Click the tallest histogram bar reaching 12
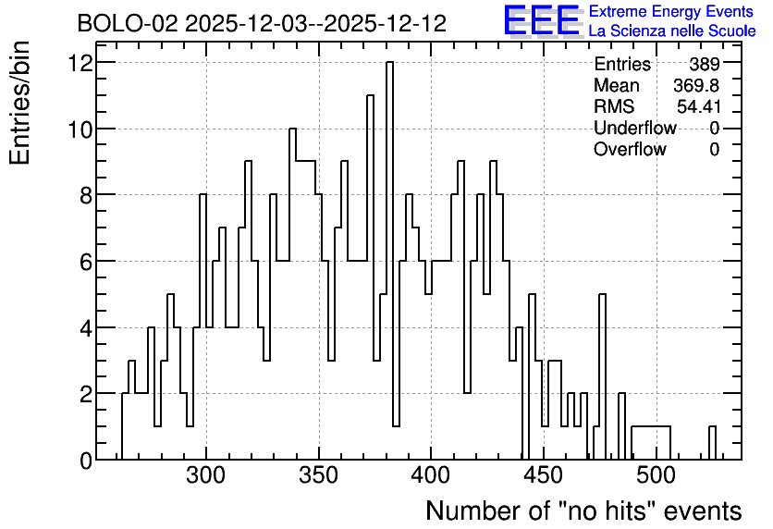pyautogui.click(x=389, y=260)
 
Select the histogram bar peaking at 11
pyautogui.click(x=370, y=277)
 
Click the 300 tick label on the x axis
pyautogui.click(x=206, y=475)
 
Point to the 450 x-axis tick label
pyautogui.click(x=544, y=475)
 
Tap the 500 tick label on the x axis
pyautogui.click(x=656, y=475)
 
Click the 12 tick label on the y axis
pyautogui.click(x=80, y=63)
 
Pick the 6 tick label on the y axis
pyautogui.click(x=86, y=262)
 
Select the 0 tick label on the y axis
pyautogui.click(x=86, y=461)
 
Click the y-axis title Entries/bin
pyautogui.click(x=19, y=103)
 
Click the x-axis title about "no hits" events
pyautogui.click(x=583, y=511)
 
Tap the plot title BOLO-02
pyautogui.click(x=262, y=23)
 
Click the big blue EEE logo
pyautogui.click(x=542, y=20)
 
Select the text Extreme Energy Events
pyautogui.click(x=671, y=11)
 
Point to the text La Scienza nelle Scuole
pyautogui.click(x=672, y=31)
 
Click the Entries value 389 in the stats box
pyautogui.click(x=705, y=64)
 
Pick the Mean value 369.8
pyautogui.click(x=696, y=85)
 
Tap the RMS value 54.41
pyautogui.click(x=699, y=106)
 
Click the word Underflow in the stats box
pyautogui.click(x=635, y=128)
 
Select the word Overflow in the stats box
pyautogui.click(x=630, y=149)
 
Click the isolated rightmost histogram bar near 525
pyautogui.click(x=712, y=443)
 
